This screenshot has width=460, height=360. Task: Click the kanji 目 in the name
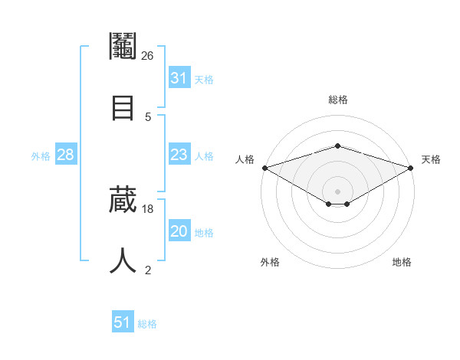[x=123, y=107]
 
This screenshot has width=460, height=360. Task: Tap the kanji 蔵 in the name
[x=123, y=201]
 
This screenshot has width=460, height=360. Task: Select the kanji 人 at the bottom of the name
[x=123, y=261]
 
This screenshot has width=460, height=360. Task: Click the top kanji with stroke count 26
[x=123, y=47]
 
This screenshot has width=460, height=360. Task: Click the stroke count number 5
[x=148, y=116]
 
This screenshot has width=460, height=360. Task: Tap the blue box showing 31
[x=179, y=78]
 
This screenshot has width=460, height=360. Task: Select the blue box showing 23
[x=179, y=155]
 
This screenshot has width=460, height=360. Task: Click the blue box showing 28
[x=66, y=155]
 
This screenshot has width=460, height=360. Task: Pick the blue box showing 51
[x=123, y=322]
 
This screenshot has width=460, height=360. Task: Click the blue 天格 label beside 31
[x=204, y=80]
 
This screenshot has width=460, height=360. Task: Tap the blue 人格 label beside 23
[x=204, y=156]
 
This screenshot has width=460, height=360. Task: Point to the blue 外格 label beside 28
[x=41, y=156]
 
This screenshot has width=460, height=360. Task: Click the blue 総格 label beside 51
[x=147, y=324]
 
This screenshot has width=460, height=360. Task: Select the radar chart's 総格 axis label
[x=338, y=100]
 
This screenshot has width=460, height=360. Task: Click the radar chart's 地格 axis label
[x=402, y=263]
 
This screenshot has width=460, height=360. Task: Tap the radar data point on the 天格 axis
[x=412, y=167]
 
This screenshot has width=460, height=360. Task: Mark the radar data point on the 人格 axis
[x=264, y=167]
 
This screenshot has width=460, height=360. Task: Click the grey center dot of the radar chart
[x=338, y=191]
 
